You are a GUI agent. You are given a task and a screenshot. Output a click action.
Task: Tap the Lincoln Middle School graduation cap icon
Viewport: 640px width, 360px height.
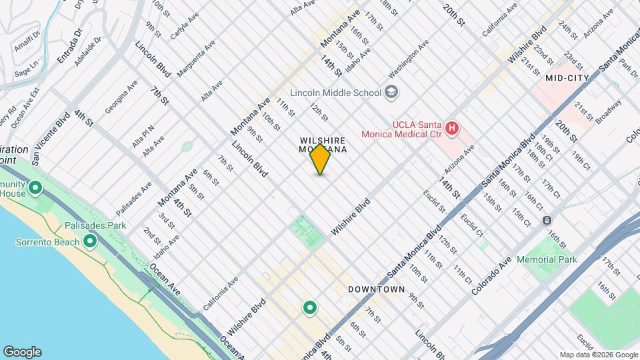point(392,93)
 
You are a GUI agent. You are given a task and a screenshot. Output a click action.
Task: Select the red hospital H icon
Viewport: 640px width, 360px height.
point(452,128)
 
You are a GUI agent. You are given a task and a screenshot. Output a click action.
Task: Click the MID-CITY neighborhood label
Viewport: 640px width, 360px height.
point(567,78)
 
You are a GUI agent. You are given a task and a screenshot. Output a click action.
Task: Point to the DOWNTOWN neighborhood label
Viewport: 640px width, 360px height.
point(377,289)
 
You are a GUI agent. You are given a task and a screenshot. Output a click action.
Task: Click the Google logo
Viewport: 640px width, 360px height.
point(22,351)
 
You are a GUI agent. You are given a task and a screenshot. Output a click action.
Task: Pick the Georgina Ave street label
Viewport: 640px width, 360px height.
point(121,97)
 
